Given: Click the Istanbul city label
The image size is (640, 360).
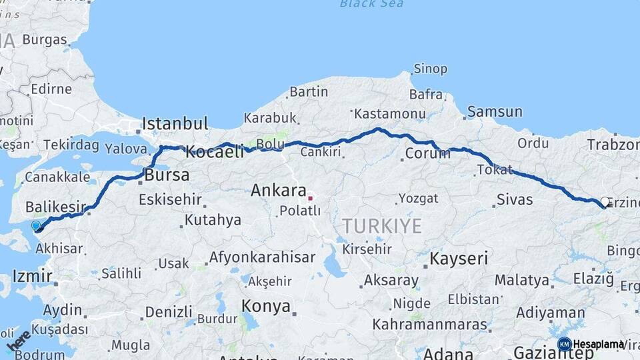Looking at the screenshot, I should coord(175,123).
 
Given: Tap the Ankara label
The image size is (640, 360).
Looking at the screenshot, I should coord(278,191).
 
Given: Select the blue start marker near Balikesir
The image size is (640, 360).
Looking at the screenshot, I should coord(36,225).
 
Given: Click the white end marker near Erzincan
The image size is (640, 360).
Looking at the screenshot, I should coord(605,201).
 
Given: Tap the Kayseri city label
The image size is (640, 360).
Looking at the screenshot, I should coord(459,258).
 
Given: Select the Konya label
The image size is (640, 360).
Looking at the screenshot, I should coord(267,307).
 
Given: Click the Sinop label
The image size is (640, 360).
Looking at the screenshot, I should coord(430,69).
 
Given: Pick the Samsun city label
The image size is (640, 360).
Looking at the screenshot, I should coord(495,111).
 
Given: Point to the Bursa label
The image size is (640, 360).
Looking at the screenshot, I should coord(167,175).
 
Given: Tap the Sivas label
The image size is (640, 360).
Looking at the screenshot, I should coord(515,199).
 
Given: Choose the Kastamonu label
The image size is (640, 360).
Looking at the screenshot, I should coord(390,113).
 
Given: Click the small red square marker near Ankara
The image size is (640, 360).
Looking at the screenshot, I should coord(310,197).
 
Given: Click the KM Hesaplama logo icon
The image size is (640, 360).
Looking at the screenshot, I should coord(564,344).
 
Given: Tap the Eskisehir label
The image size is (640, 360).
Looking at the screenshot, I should coord(170,199).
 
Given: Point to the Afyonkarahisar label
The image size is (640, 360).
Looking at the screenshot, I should coord(262,257).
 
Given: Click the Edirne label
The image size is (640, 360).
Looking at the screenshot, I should coord(51,89).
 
